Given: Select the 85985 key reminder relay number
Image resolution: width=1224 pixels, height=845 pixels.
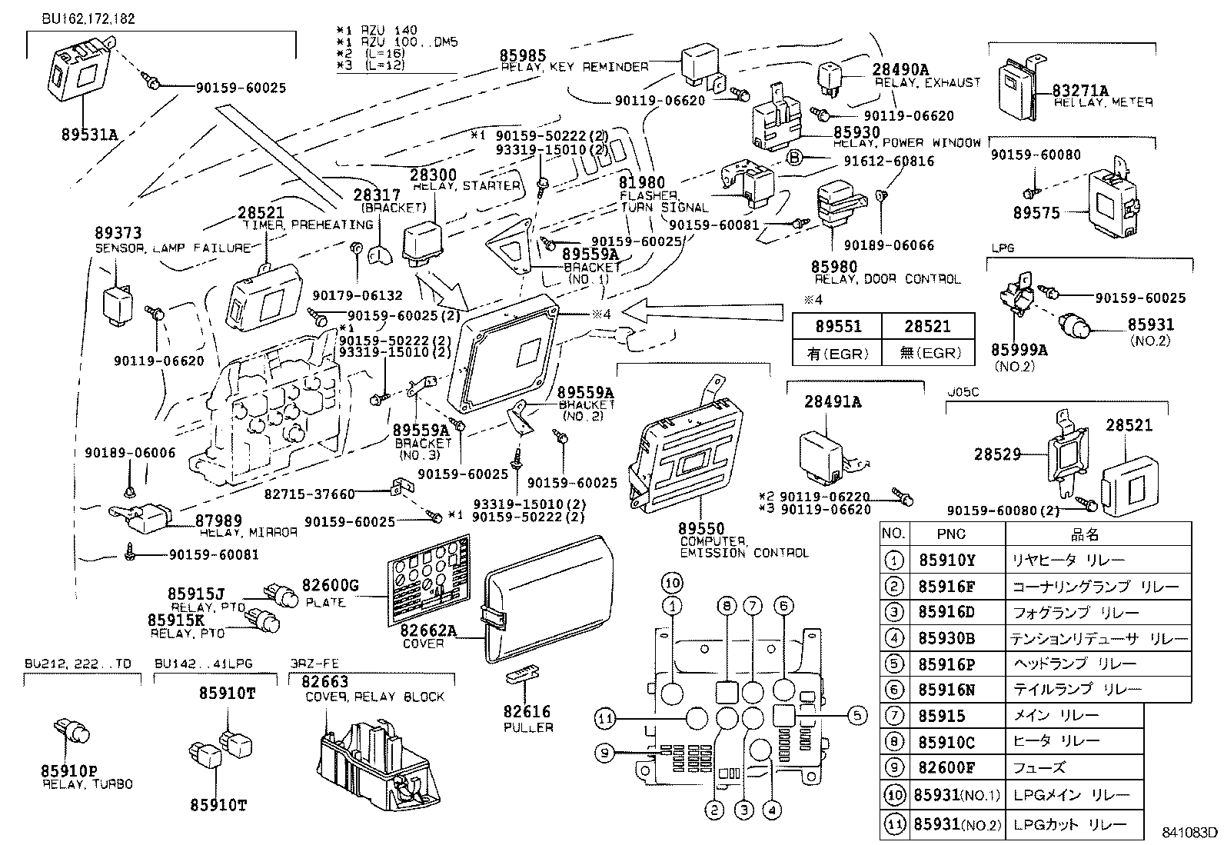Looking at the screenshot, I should point(523,55).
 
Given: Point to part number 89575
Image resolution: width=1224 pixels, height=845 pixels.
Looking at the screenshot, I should point(1036,213).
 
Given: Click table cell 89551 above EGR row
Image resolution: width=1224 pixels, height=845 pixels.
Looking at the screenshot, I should point(837,327).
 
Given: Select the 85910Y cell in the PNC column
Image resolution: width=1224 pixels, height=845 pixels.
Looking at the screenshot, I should point(946,561).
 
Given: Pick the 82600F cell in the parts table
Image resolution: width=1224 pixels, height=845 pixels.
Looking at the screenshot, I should point(946,767).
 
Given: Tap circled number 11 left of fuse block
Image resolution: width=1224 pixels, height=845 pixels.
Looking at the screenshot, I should point(606,719).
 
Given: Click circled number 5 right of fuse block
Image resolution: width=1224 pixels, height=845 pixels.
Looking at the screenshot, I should point(857,716).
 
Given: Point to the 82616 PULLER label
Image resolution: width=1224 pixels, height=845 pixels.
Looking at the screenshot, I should point(528,719).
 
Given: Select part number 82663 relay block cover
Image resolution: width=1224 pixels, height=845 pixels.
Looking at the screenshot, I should point(324,682).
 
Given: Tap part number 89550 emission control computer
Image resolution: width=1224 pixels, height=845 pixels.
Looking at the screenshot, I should point(701,529).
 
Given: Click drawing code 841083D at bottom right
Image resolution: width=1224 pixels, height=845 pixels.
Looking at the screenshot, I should point(1189,833).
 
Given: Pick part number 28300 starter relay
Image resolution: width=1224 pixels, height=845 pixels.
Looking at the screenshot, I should point(432,175).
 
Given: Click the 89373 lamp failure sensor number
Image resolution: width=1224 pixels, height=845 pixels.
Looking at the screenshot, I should point(118,234).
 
